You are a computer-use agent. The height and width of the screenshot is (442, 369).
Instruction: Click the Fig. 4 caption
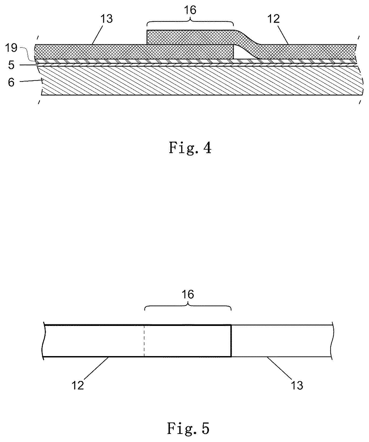click(x=190, y=147)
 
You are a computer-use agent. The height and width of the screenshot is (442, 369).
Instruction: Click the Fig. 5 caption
click(x=188, y=428)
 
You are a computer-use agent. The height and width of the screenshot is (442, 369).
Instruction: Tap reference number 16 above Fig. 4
click(x=190, y=10)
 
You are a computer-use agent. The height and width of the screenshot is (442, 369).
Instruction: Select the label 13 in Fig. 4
click(x=107, y=19)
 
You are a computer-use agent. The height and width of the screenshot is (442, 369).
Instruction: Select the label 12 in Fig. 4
click(x=274, y=19)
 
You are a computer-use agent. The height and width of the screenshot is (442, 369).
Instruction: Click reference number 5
click(x=11, y=65)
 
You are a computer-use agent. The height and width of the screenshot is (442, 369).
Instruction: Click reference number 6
click(x=11, y=82)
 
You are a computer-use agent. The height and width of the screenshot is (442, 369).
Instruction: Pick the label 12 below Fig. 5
click(x=78, y=385)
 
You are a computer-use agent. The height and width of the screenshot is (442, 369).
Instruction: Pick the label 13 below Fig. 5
click(x=297, y=385)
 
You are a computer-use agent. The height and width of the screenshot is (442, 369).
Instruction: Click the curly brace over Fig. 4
click(x=190, y=21)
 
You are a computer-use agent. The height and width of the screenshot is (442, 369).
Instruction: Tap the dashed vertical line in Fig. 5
click(x=144, y=341)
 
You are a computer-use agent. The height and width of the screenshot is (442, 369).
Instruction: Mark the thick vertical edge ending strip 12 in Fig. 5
click(x=231, y=341)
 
